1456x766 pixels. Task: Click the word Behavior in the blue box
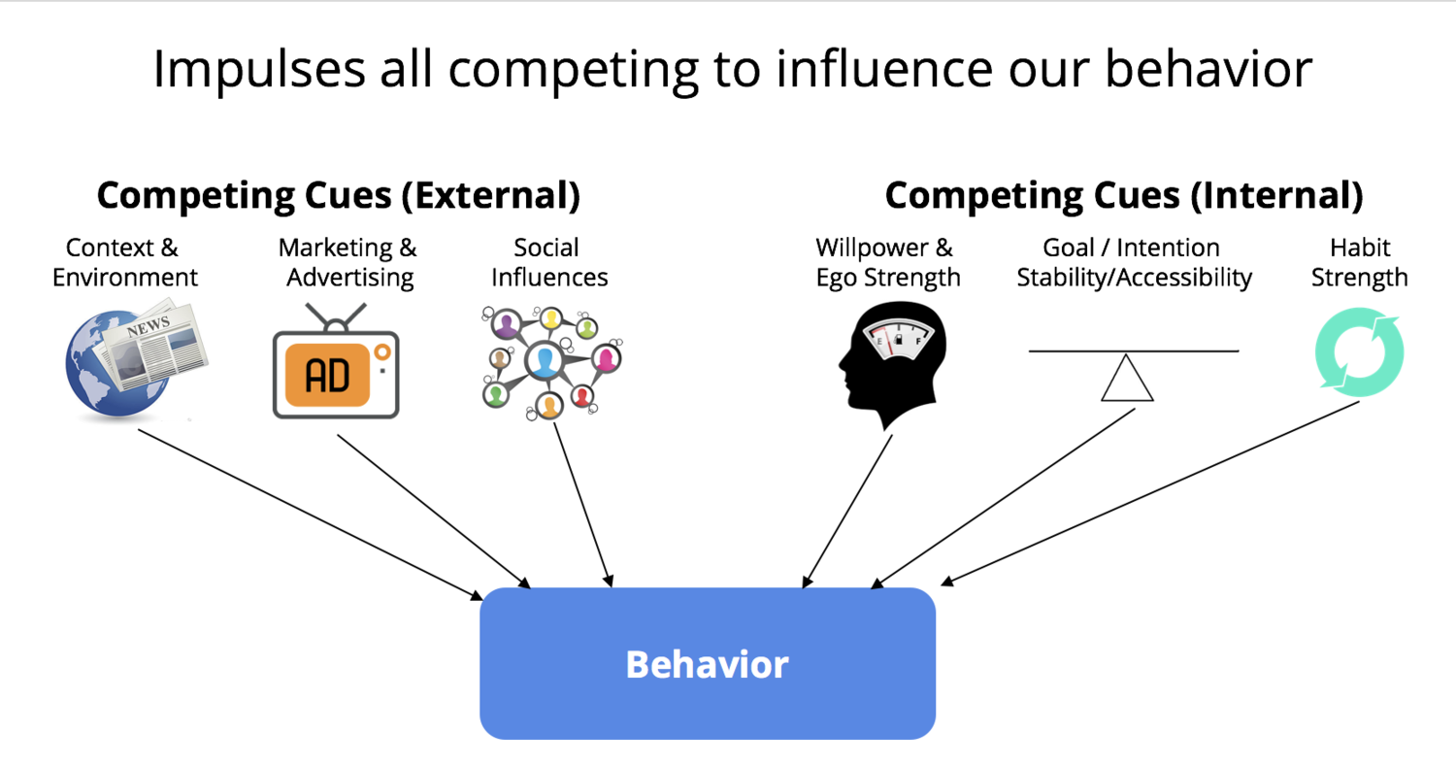click(708, 664)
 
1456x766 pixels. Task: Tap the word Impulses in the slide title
click(259, 70)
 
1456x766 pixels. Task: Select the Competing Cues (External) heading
click(339, 195)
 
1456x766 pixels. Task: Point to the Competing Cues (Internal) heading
click(1124, 195)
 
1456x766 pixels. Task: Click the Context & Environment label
click(125, 263)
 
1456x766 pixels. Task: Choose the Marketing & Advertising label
click(348, 263)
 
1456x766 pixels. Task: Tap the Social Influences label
click(549, 263)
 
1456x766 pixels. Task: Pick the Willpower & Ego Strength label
click(887, 263)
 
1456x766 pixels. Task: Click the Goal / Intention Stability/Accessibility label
click(1135, 263)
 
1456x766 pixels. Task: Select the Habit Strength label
click(1359, 263)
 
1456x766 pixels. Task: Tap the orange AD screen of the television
click(328, 375)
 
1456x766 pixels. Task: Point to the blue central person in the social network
click(545, 360)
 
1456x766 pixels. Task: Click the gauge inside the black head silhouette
click(898, 338)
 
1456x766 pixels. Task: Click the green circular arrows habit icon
click(1359, 351)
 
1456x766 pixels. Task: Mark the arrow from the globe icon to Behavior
click(310, 514)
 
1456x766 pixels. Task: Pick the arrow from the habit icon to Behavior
click(1149, 493)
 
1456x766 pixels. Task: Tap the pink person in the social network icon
click(606, 358)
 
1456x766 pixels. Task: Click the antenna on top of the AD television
click(336, 318)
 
